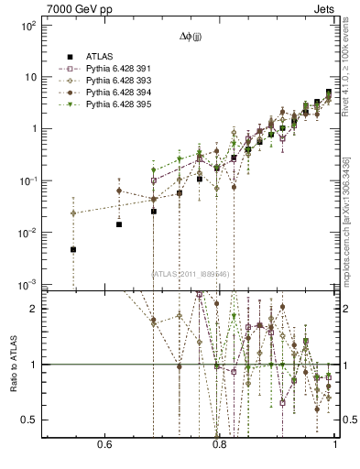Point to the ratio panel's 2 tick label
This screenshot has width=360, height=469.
click(34, 309)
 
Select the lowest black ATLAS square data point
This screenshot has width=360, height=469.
click(73, 249)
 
